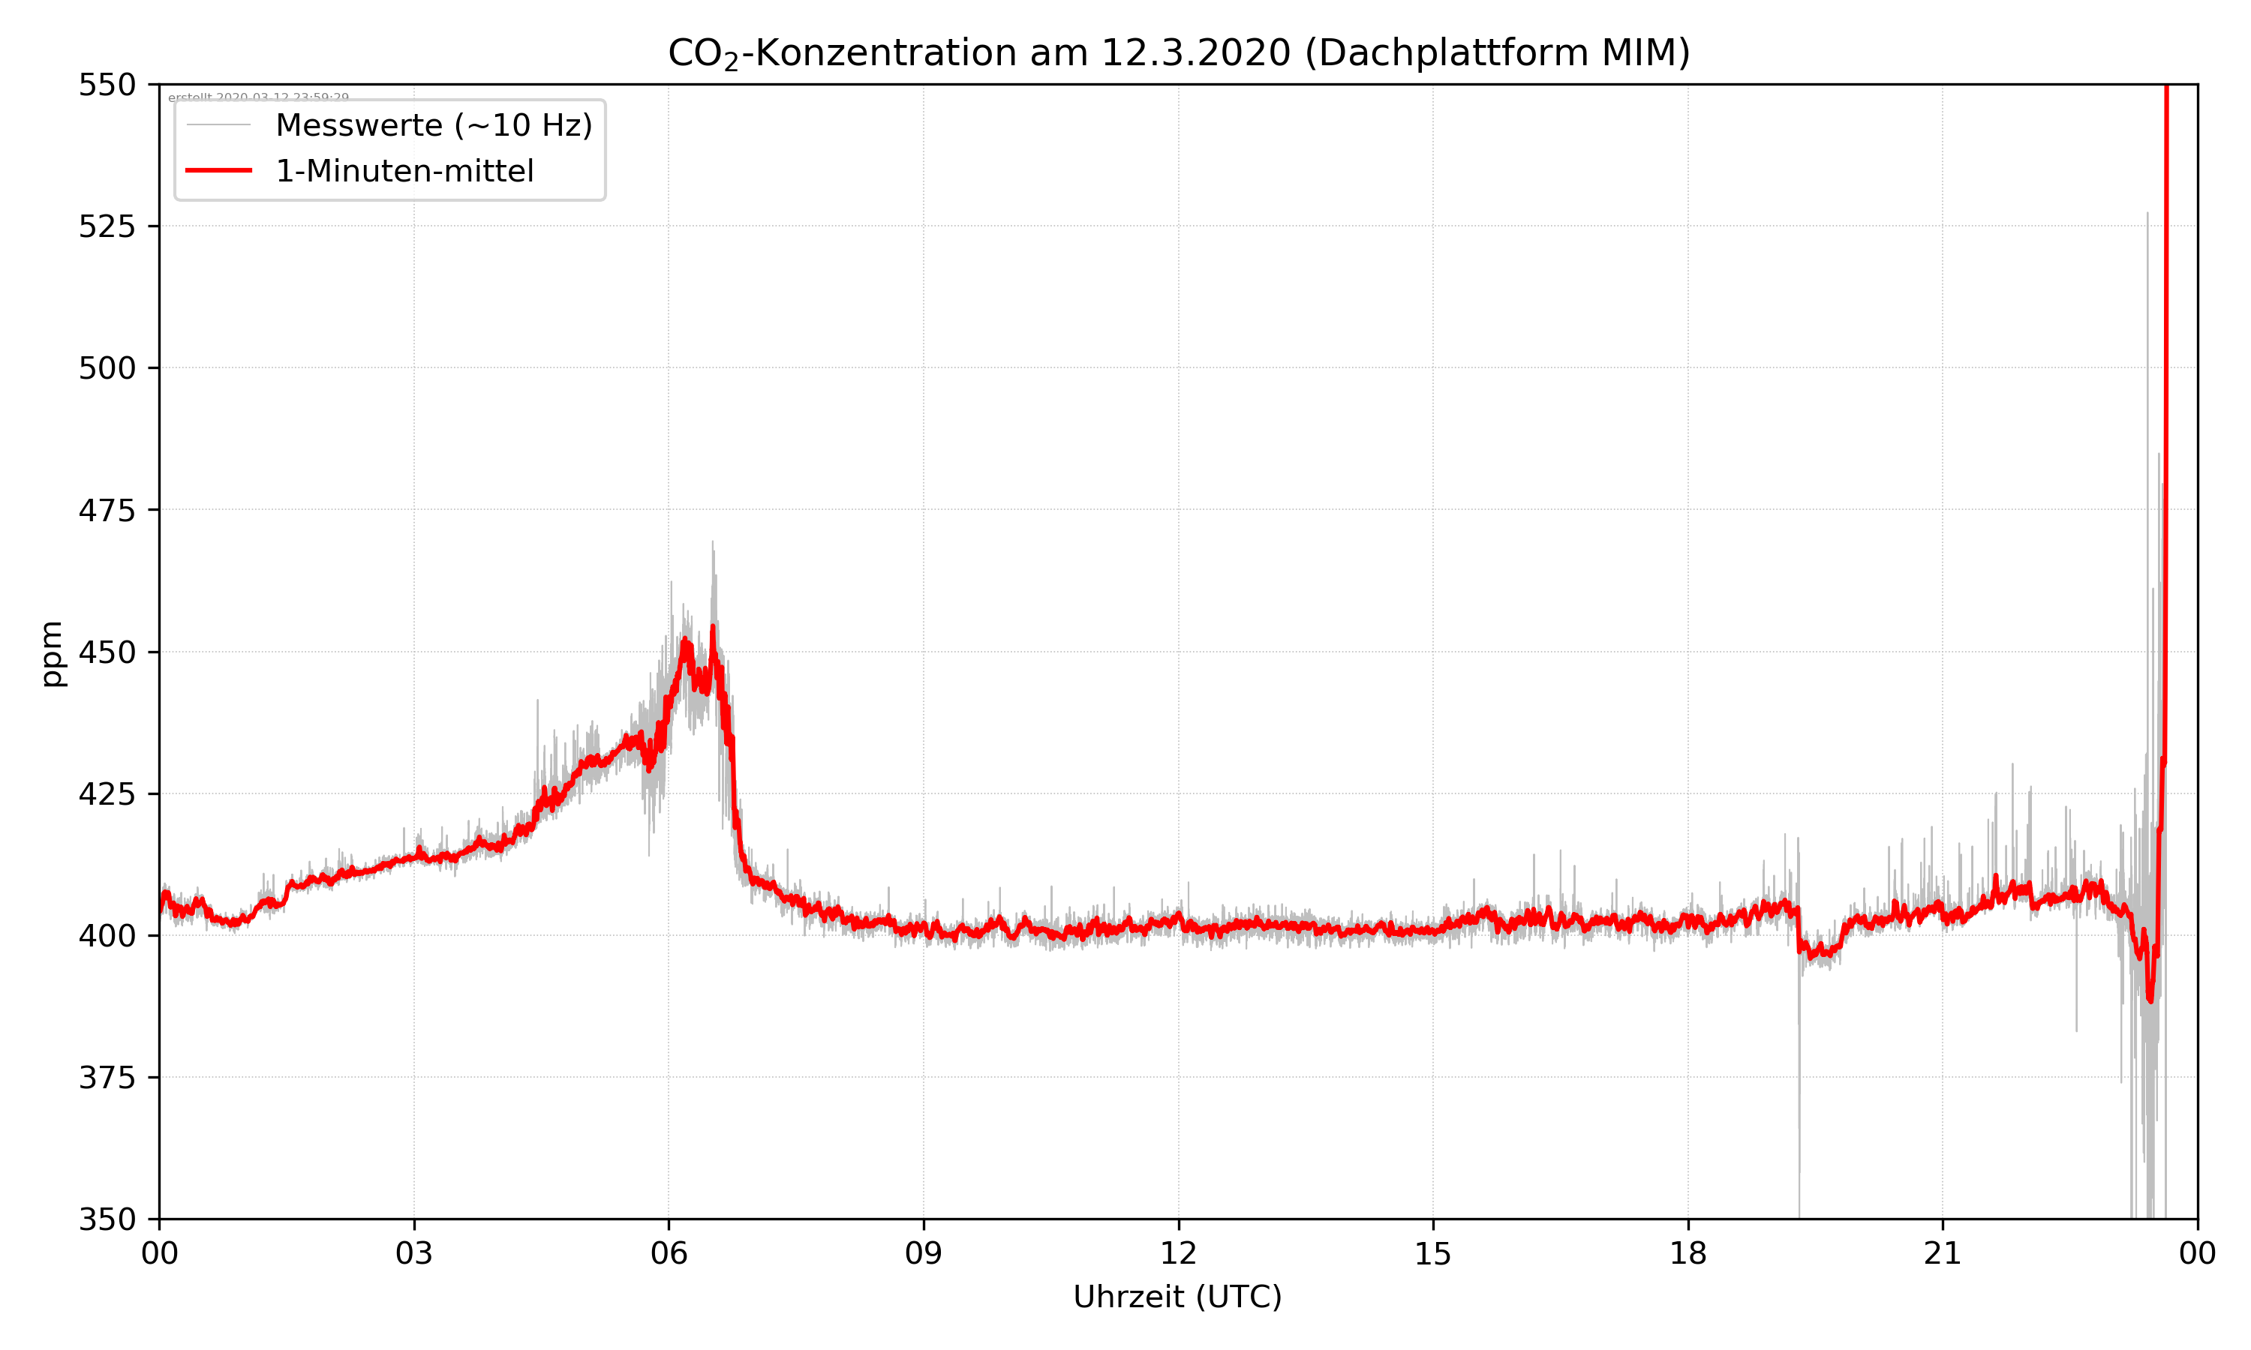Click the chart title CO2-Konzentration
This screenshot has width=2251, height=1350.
coord(1178,52)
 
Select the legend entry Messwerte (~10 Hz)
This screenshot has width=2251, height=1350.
coord(433,125)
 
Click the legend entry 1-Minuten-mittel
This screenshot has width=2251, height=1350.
coord(404,171)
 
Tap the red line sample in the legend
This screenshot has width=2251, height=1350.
coord(218,171)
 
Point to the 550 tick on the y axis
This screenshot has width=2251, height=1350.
coord(107,85)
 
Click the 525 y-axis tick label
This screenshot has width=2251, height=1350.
coord(107,226)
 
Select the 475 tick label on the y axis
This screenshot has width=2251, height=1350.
coord(107,510)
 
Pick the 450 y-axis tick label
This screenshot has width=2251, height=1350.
coord(107,652)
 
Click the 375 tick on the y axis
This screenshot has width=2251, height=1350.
coord(107,1078)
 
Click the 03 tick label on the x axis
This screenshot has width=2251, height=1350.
coord(414,1253)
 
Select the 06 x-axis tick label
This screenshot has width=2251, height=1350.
coord(669,1253)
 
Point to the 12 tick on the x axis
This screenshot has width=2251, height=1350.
coord(1178,1253)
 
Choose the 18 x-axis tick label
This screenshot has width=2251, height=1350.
coord(1687,1253)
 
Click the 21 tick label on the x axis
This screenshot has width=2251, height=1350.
coord(1943,1253)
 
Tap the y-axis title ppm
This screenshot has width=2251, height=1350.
coord(52,653)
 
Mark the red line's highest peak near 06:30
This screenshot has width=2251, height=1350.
coord(712,628)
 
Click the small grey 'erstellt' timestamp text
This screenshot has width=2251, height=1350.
coord(258,97)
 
